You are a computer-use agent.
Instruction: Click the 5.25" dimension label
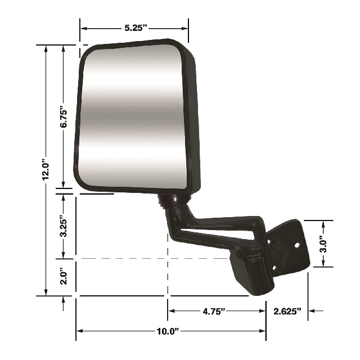point(136,28)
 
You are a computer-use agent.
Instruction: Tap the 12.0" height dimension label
point(46,169)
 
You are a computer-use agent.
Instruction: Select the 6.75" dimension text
point(64,116)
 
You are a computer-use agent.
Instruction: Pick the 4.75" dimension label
point(214,311)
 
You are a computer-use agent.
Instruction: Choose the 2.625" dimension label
point(287,311)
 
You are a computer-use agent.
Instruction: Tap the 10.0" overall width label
point(168,331)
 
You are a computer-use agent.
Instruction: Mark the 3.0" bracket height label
point(323,244)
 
